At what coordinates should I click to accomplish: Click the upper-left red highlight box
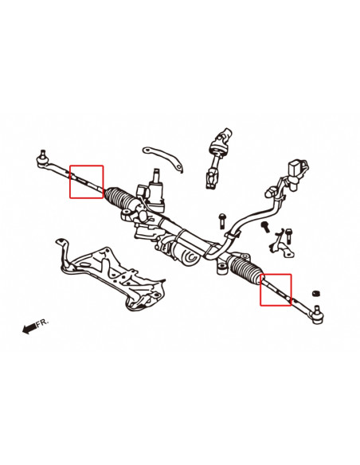(x=87, y=182)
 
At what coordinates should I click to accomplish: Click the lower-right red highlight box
(x=276, y=291)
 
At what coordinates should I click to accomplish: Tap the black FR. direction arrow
(x=30, y=327)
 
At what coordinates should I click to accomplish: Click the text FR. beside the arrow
(x=44, y=322)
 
